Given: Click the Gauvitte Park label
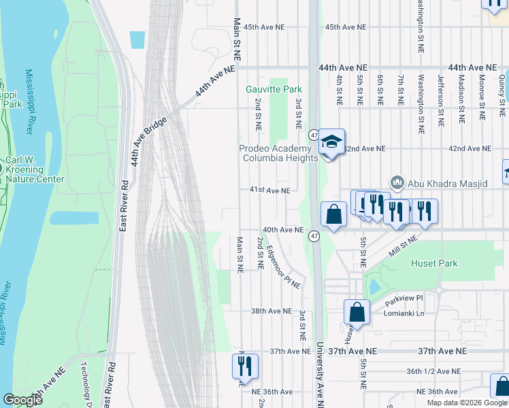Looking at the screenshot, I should point(274,89).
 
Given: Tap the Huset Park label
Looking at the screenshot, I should point(435,263).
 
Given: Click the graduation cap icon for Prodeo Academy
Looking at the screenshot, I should point(331,142).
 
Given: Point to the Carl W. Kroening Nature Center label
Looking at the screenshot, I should point(35,170).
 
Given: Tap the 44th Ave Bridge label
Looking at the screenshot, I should point(144,140).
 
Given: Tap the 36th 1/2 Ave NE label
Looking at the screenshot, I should point(433,371).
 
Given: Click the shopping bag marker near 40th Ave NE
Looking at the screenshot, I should point(333,215).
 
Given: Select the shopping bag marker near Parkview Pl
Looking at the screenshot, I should point(357,313).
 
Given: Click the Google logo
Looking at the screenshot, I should point(23,400).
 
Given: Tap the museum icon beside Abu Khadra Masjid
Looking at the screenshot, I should point(397,182).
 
